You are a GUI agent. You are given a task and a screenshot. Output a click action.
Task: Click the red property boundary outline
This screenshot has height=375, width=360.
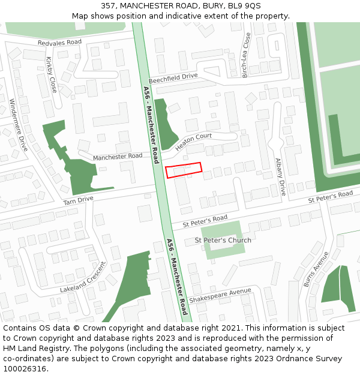point(184,170)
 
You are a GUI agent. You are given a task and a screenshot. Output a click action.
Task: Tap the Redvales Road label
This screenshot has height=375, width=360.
point(59,43)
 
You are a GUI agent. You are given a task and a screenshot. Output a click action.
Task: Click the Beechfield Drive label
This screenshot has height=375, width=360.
point(173,77)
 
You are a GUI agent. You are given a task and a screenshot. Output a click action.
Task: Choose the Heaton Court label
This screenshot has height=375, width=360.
point(194,142)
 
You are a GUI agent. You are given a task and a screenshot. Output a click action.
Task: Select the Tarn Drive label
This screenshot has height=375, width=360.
point(79,200)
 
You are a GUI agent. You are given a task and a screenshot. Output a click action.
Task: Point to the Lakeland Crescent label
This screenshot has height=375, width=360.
point(83,277)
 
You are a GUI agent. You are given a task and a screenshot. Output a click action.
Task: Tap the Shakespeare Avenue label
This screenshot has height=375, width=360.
point(220,295)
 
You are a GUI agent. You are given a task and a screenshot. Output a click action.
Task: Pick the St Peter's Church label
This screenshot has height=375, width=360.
point(223,241)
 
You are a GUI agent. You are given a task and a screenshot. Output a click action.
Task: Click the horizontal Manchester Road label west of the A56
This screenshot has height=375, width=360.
point(118,156)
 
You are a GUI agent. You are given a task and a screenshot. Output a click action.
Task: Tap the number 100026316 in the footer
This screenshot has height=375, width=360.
point(25,368)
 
